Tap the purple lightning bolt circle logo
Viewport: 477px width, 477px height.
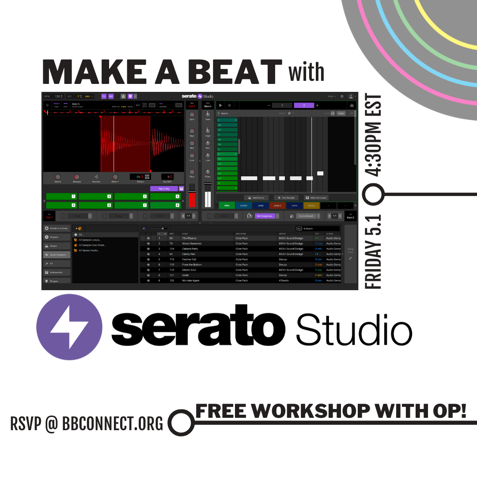69,327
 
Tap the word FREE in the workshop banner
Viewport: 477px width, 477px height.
224,411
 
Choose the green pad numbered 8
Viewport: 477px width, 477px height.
166,205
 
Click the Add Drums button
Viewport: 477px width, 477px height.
256,198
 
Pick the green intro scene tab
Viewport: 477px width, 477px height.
227,205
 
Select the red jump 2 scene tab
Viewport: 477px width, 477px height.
277,205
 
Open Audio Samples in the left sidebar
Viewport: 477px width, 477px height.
57,255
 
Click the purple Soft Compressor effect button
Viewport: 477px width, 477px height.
265,216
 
